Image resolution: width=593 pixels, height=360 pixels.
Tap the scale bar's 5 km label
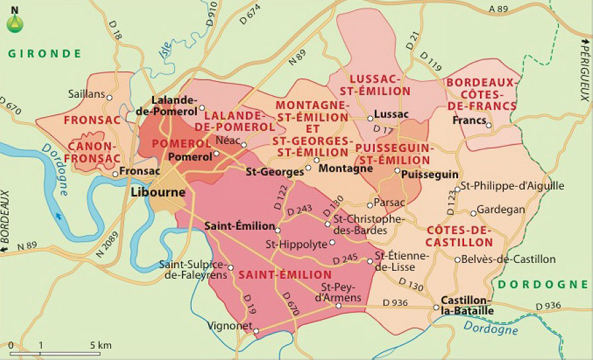100,345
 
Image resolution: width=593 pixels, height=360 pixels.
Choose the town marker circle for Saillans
110,98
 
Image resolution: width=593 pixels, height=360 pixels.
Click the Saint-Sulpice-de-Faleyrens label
192,270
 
